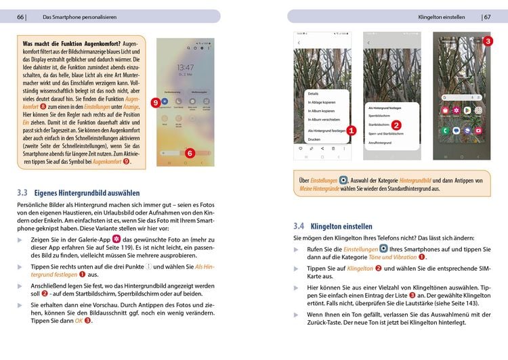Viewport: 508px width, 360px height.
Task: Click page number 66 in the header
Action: point(21,17)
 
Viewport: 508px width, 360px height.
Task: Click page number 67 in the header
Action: point(487,17)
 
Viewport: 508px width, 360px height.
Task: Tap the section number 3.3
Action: point(23,193)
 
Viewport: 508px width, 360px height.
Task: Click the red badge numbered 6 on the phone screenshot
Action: point(190,154)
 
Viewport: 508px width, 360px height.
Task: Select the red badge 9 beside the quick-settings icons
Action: point(155,103)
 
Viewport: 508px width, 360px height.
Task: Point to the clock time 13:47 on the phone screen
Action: point(185,68)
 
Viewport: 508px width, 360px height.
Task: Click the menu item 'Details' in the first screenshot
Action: point(314,94)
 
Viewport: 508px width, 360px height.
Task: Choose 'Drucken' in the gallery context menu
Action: point(314,139)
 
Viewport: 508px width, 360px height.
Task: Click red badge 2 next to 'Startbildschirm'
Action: point(397,125)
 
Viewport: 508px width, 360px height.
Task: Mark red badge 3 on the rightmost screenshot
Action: point(488,41)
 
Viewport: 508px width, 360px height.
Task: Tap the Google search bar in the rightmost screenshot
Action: point(461,97)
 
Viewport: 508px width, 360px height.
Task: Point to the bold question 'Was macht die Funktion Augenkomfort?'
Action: point(67,43)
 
